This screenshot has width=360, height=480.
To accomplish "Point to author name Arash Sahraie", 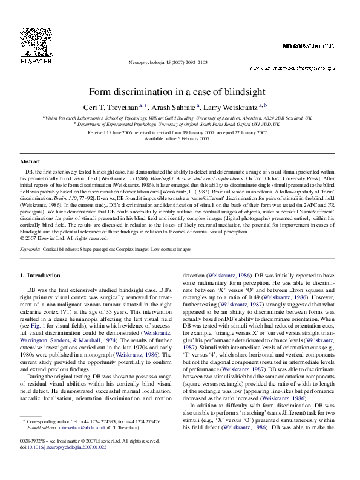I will click(159, 106).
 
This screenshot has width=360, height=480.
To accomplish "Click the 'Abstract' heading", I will click(30, 161).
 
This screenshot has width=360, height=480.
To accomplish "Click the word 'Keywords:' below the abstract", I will click(30, 248).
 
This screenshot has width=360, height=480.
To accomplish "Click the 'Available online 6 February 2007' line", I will click(180, 138).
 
